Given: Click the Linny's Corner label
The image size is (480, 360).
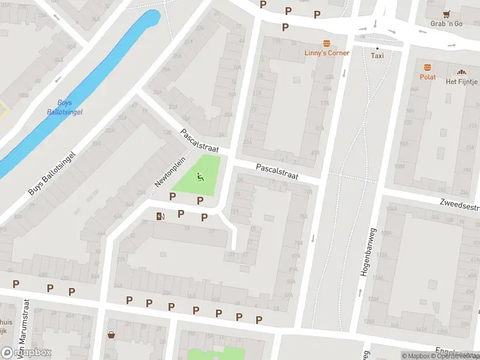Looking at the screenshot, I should (x=327, y=53).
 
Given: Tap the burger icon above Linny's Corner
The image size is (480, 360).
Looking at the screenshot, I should (x=327, y=43).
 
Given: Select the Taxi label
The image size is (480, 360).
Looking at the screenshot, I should (x=377, y=56).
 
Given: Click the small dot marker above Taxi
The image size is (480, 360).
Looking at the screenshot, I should (x=377, y=48).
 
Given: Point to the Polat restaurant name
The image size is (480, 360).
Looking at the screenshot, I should (x=428, y=77).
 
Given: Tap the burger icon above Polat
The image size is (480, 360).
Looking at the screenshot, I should (x=428, y=67).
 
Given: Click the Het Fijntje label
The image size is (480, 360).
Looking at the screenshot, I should (x=461, y=82).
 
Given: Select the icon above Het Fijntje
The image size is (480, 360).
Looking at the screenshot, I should (x=461, y=71).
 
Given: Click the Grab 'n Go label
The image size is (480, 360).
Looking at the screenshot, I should (x=446, y=24).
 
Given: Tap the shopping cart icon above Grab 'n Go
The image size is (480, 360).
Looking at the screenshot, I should (x=446, y=14).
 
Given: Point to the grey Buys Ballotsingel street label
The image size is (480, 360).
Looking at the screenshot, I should (x=53, y=173).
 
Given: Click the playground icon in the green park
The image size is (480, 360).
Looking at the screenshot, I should (x=200, y=176).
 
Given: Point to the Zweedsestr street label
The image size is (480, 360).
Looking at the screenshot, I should (x=459, y=204).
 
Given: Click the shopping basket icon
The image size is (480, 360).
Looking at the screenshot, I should (x=111, y=335).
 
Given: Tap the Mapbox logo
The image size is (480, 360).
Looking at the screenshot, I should (x=26, y=353).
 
